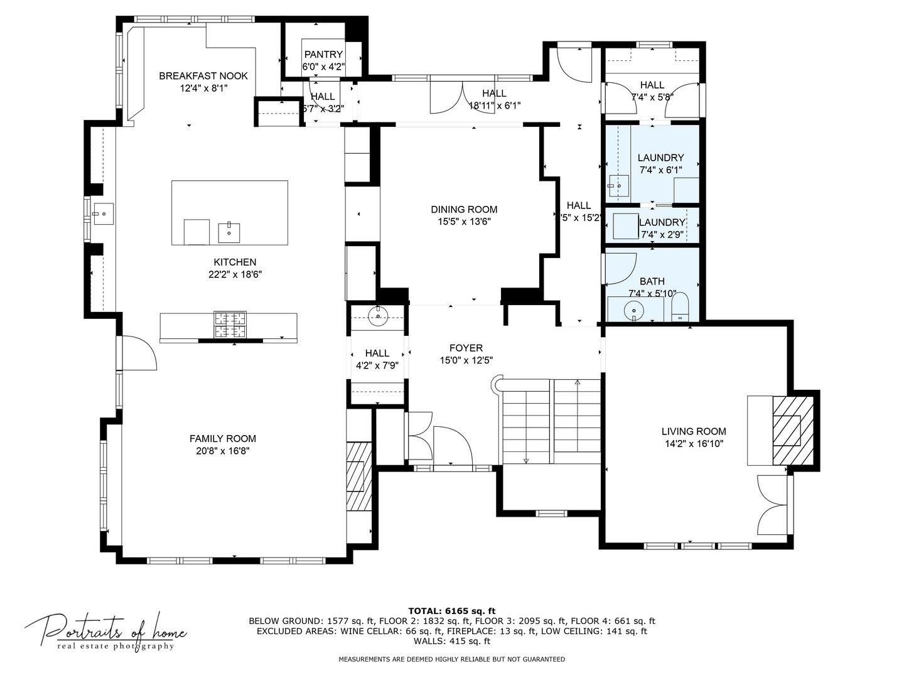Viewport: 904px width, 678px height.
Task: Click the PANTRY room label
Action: point(323,55)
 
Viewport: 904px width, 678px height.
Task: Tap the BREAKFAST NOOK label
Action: point(203,76)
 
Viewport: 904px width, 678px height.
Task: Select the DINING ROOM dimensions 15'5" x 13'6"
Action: point(464,222)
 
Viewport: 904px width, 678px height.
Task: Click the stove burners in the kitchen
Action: point(230,325)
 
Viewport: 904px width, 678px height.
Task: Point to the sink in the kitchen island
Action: point(229,233)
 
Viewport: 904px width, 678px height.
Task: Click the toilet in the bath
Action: point(680,307)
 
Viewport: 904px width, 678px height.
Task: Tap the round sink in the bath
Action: point(633,309)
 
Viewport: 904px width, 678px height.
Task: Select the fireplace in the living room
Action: point(793,431)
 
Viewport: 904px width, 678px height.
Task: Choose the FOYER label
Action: point(466,348)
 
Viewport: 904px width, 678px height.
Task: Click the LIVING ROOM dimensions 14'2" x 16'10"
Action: point(694,444)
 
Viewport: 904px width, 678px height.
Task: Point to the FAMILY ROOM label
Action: point(223,438)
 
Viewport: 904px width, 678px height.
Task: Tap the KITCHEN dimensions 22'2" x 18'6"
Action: point(235,274)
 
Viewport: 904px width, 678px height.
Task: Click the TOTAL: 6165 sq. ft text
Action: point(452,611)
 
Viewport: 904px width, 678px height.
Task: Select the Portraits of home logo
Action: point(105,634)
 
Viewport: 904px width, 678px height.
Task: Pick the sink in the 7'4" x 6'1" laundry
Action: point(620,186)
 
